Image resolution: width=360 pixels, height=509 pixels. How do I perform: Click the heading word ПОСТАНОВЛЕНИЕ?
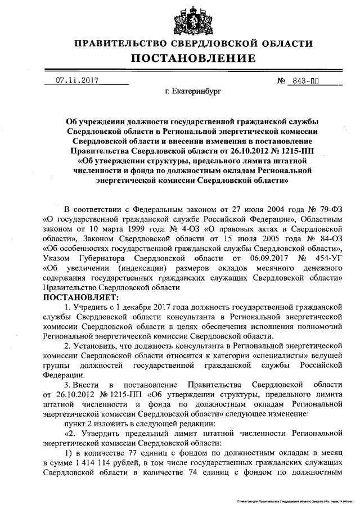pyautogui.click(x=193, y=58)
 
